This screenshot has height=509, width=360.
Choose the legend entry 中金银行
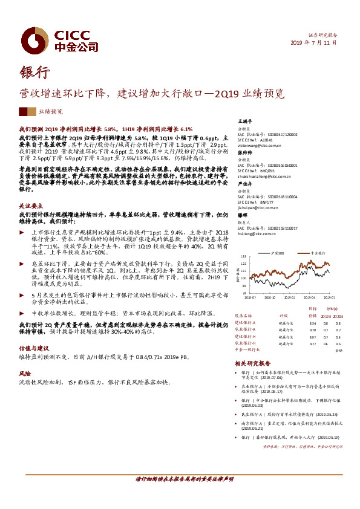click(x=319, y=252)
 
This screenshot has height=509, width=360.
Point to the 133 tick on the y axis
click(x=244, y=257)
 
